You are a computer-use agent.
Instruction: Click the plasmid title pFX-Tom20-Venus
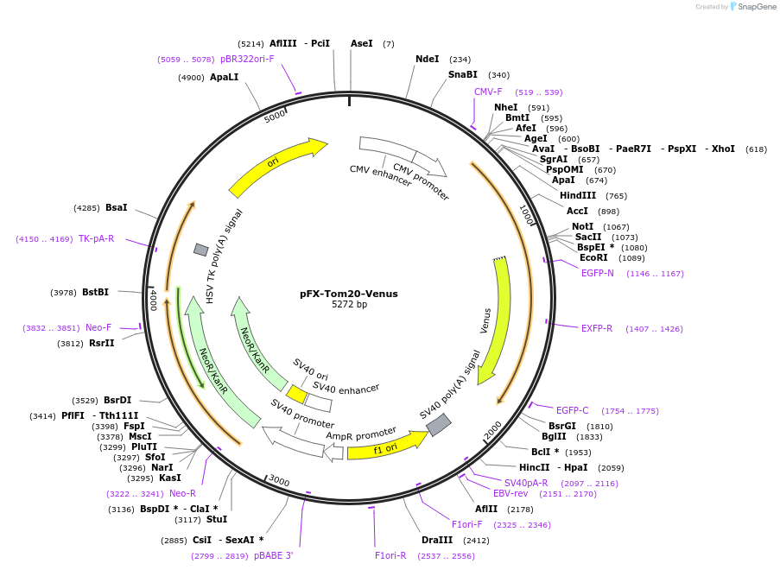tap(349, 294)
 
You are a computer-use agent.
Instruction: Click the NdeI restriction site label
tap(427, 60)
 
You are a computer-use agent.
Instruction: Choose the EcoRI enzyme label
tap(593, 257)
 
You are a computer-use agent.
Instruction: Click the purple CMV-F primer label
tap(488, 92)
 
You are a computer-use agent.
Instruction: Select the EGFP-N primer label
tap(598, 273)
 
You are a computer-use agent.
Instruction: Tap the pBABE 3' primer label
tap(274, 555)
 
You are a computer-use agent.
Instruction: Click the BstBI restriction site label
tap(95, 292)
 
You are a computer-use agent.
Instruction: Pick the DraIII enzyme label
tap(436, 541)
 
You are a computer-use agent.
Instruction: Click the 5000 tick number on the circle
tap(275, 116)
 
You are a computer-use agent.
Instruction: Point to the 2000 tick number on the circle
tap(492, 429)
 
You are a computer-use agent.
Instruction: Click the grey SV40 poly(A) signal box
tap(439, 424)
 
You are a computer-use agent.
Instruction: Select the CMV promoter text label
tap(421, 181)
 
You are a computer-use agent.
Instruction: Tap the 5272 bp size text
tap(349, 305)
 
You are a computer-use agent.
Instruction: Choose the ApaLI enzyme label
tap(224, 77)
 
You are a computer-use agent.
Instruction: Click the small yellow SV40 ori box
tap(296, 395)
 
